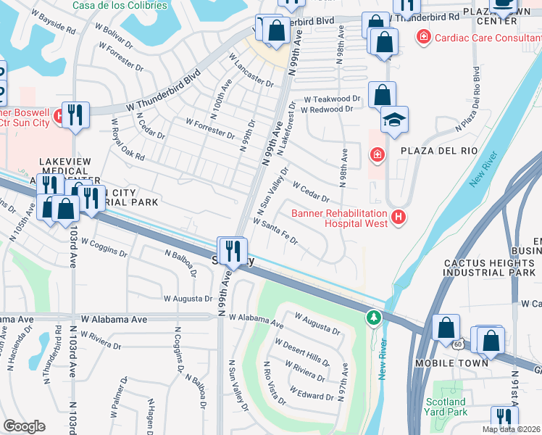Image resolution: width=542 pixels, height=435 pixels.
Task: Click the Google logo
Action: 24,426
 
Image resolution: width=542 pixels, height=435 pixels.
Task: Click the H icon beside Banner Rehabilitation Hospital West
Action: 397,217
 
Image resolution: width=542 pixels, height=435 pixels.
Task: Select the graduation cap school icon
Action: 394,120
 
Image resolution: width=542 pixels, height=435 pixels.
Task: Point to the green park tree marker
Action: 374,318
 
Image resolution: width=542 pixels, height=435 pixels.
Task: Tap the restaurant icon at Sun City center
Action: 232,251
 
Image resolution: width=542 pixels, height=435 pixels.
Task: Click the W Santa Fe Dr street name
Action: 275,231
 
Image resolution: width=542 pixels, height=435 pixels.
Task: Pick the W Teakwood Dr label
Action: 331,98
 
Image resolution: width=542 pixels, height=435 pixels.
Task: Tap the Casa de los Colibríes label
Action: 120,5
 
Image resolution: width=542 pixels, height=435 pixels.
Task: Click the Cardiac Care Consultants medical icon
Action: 423,36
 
